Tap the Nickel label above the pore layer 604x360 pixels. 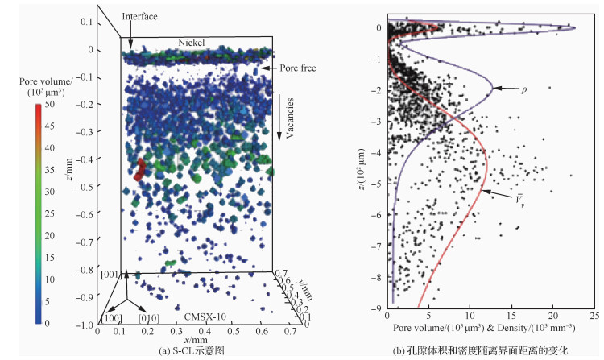click(x=192, y=42)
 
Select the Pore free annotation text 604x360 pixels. click(x=300, y=69)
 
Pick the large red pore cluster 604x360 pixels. click(x=139, y=170)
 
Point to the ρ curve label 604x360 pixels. click(x=504, y=89)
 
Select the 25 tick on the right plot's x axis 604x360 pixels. click(x=594, y=317)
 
